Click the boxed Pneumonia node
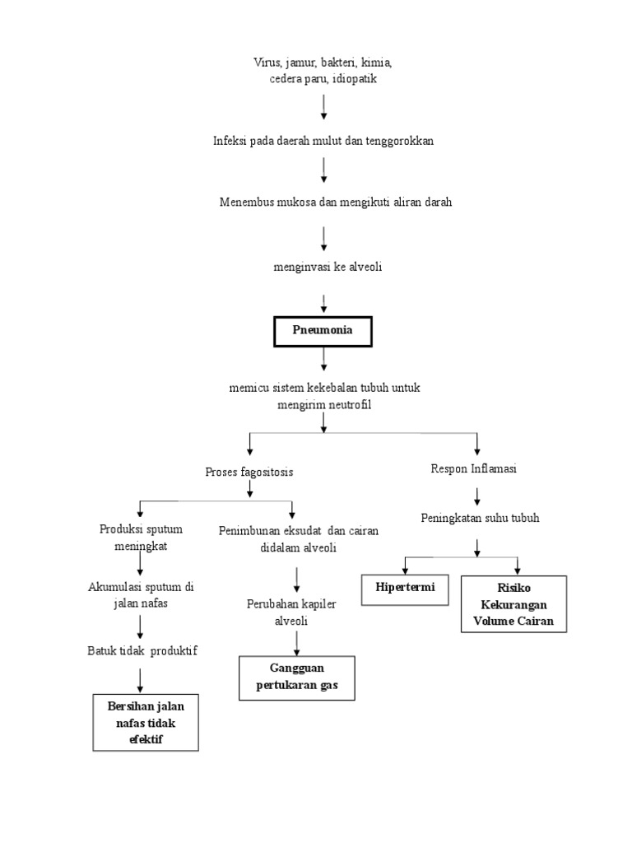point(323,331)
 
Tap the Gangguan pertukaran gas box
point(296,678)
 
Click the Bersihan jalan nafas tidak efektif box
point(146,723)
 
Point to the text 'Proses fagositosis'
point(249,472)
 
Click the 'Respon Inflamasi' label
point(474,468)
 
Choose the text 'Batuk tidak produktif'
point(142,650)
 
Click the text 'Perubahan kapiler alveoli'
point(291,612)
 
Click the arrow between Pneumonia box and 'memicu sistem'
point(324,358)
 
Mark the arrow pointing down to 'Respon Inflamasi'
point(477,444)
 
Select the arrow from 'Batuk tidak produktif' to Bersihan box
point(141,679)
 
